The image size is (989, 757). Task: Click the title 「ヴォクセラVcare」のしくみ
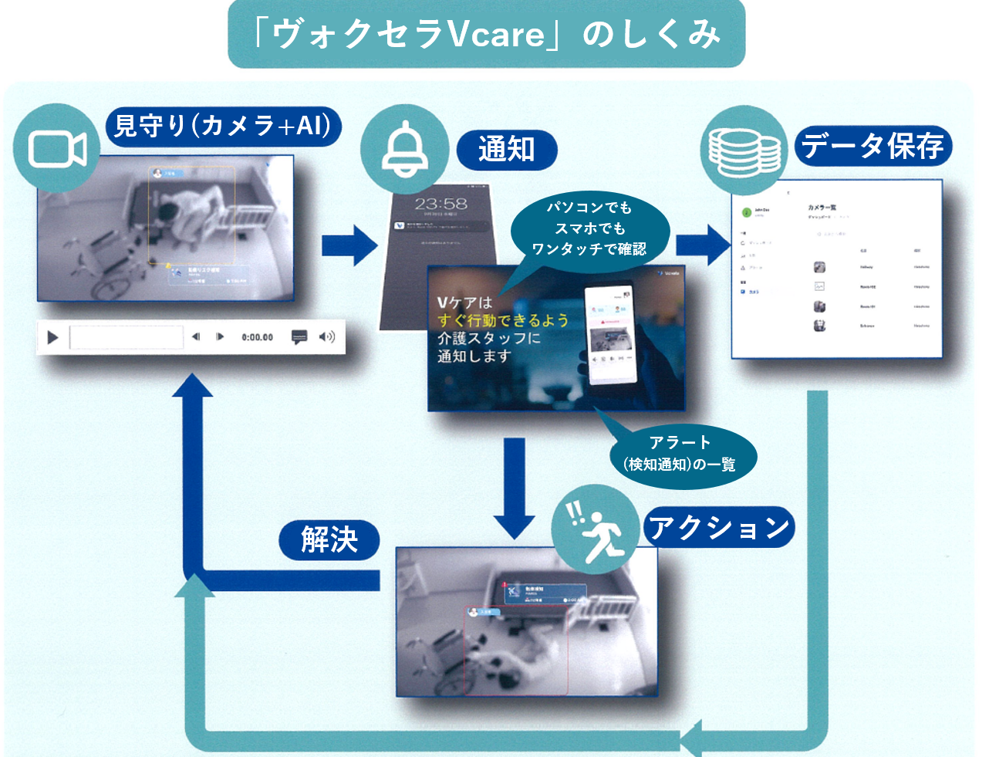pos(486,35)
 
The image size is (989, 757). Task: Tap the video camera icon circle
pos(57,148)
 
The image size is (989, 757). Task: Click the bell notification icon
pos(405,150)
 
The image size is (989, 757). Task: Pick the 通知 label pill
pos(506,149)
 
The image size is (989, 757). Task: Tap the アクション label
pos(718,528)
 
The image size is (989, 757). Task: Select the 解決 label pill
pos(329,539)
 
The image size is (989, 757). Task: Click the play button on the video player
pos(53,337)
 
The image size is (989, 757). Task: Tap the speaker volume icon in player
pos(327,337)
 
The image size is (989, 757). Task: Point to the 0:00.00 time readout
pos(257,337)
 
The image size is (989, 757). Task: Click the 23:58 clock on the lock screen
pos(440,204)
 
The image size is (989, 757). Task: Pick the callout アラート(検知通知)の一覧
pos(679,454)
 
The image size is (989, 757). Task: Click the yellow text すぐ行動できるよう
pos(503,320)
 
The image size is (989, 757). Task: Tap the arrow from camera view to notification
pos(349,245)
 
